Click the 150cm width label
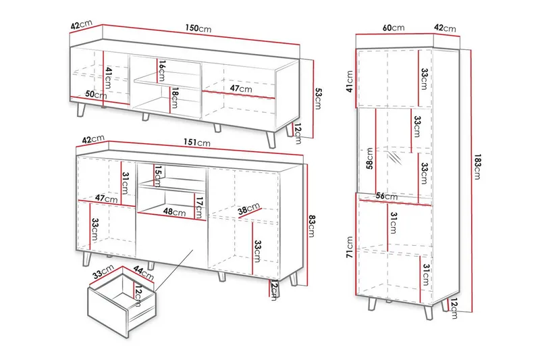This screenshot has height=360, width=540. [198, 28]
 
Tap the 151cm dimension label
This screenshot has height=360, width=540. [196, 143]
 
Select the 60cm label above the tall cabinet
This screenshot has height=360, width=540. [394, 28]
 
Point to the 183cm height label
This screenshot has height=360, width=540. [477, 167]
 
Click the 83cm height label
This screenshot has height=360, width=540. [311, 226]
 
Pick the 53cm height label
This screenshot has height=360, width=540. [318, 99]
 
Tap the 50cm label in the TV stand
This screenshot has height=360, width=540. [96, 94]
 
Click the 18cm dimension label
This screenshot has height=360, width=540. [175, 98]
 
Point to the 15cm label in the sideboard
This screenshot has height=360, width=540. [158, 176]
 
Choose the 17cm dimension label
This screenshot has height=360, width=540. [198, 207]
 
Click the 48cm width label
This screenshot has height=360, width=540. [174, 211]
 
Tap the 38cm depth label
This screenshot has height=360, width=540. [248, 209]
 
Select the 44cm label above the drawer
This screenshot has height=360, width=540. [143, 273]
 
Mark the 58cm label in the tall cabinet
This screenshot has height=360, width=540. [370, 159]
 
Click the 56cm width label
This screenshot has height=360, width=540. [386, 196]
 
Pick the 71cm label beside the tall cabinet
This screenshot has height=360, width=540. [350, 247]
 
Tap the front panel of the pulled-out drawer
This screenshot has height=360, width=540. [108, 313]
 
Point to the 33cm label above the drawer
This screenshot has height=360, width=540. [103, 272]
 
